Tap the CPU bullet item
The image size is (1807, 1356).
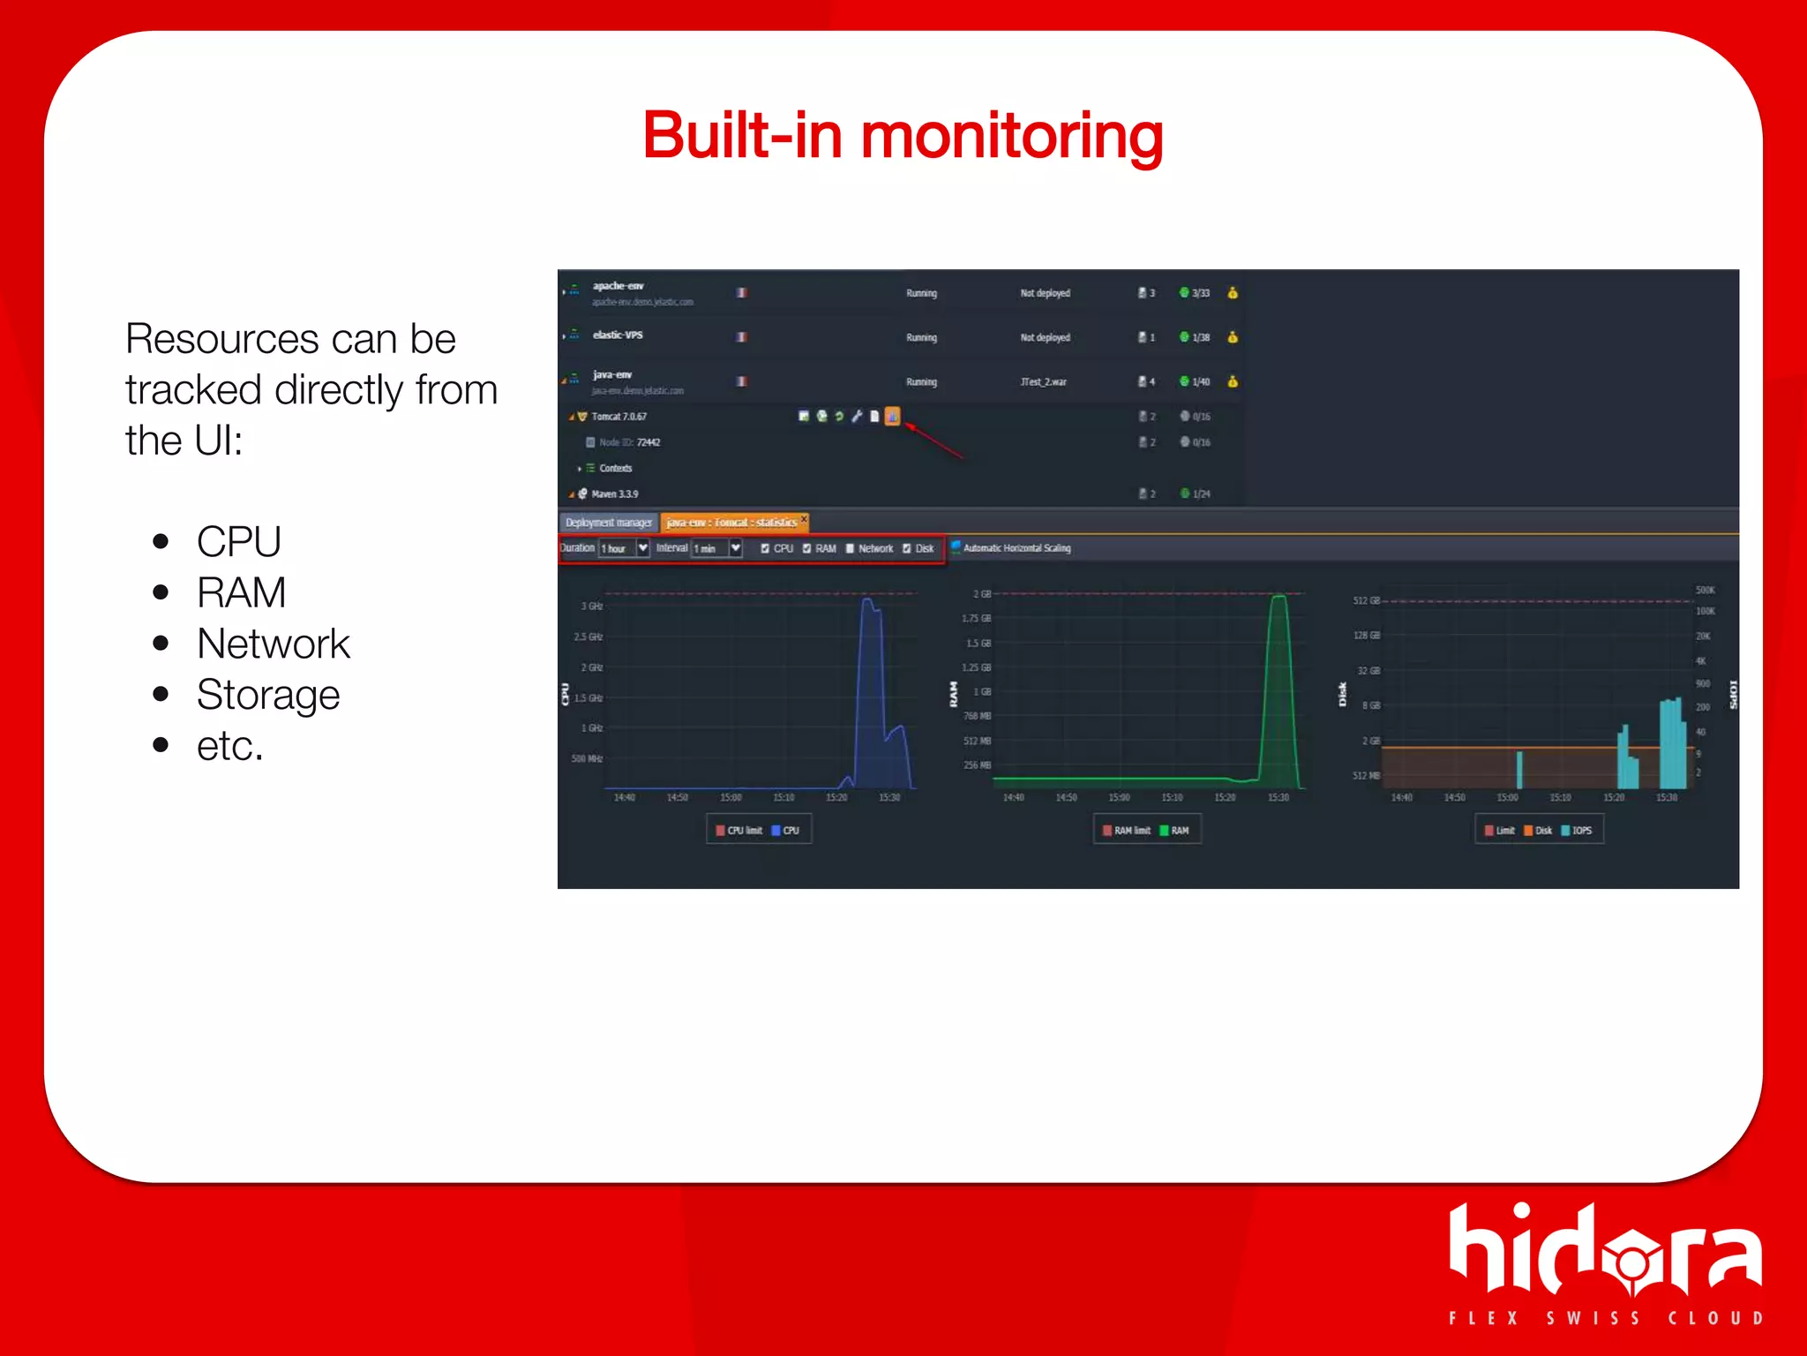click(238, 541)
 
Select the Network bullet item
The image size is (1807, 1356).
click(273, 644)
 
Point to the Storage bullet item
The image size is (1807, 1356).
click(267, 695)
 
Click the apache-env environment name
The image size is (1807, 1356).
click(618, 286)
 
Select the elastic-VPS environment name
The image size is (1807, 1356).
click(618, 335)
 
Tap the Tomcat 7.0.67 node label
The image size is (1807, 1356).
click(619, 417)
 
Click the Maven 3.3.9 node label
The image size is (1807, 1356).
click(614, 494)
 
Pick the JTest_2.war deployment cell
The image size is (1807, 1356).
click(1043, 382)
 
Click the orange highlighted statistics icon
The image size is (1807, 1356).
click(892, 416)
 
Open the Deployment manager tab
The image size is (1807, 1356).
click(608, 523)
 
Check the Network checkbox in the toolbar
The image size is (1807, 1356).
click(851, 548)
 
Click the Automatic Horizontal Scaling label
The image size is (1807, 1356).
click(1016, 548)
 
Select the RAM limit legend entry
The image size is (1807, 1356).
click(1127, 831)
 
